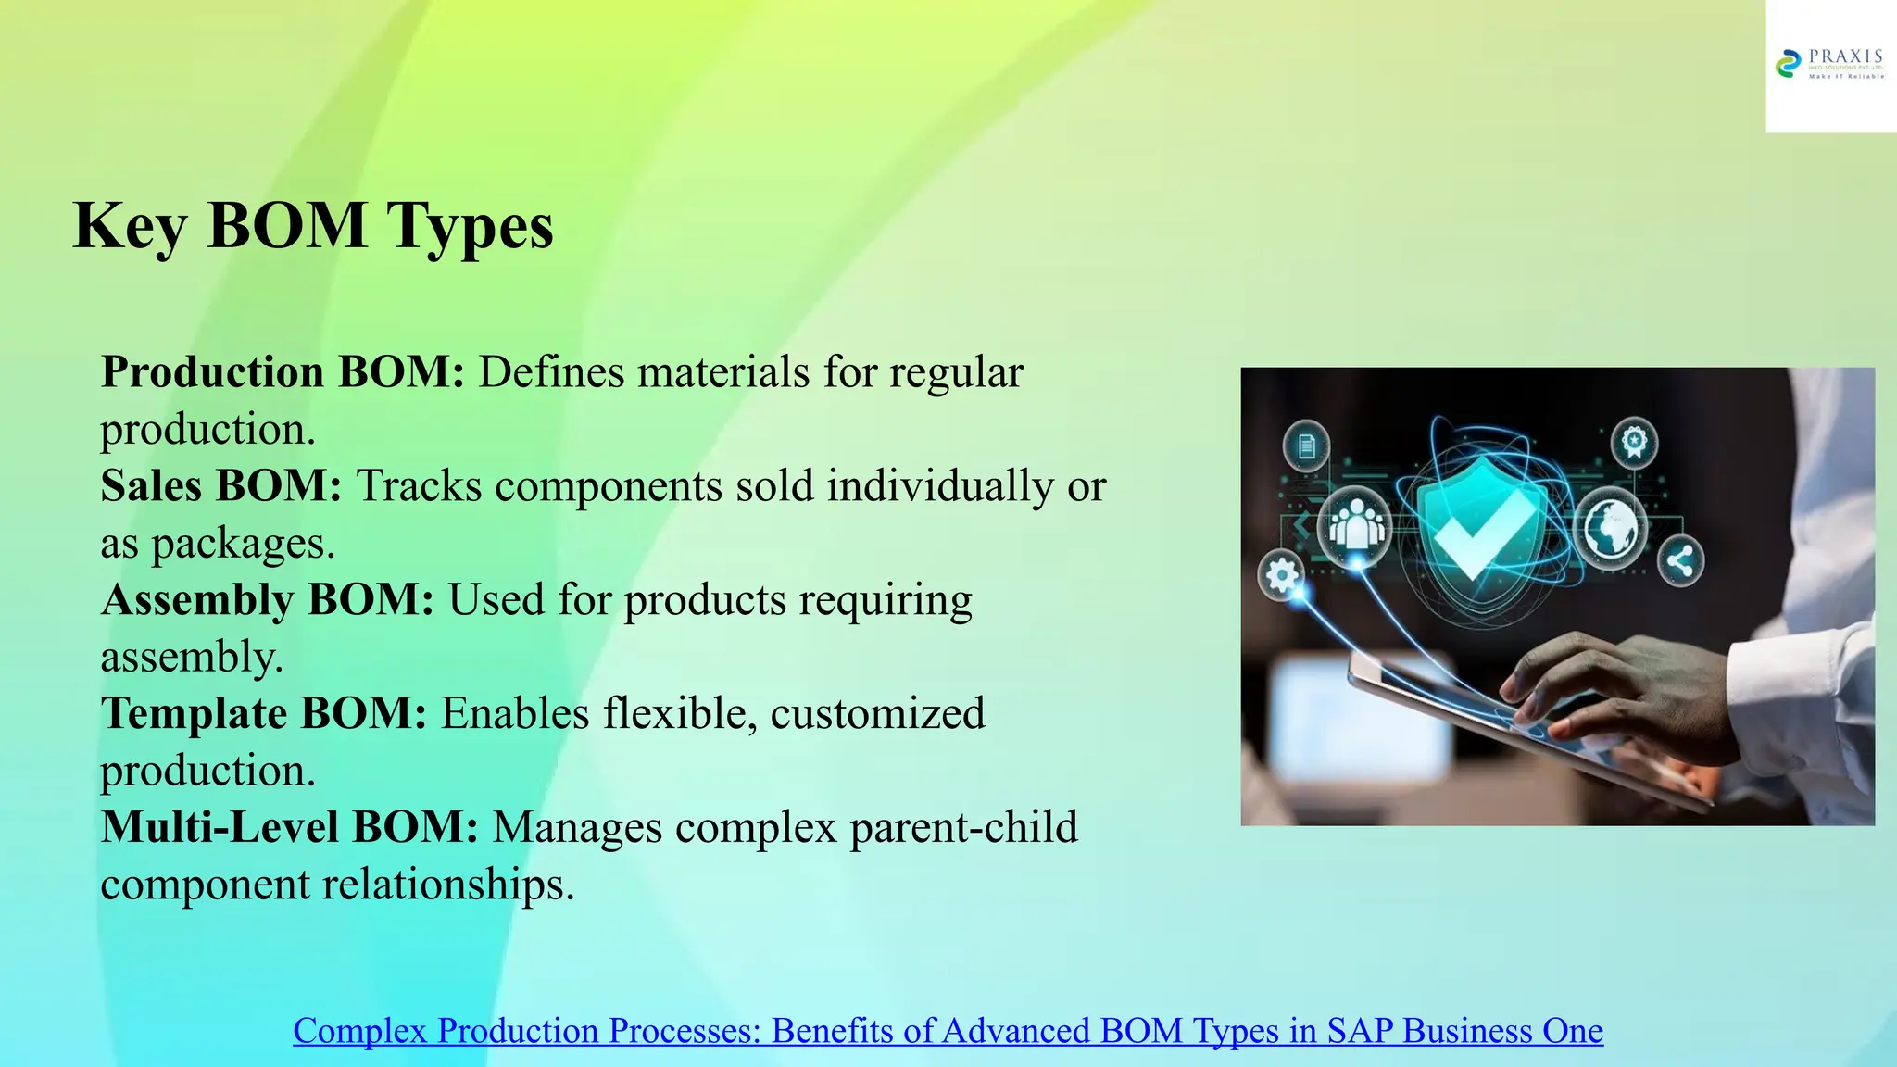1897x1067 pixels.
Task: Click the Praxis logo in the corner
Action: pyautogui.click(x=1830, y=65)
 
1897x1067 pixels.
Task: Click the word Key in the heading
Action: pyautogui.click(x=130, y=227)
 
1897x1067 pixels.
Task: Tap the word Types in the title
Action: pyautogui.click(x=470, y=227)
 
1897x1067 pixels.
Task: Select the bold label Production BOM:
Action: pyautogui.click(x=283, y=372)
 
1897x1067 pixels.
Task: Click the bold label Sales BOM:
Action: pyautogui.click(x=221, y=486)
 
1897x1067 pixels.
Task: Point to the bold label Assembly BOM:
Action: pyautogui.click(x=268, y=600)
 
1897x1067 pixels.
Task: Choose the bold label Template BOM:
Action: pyautogui.click(x=264, y=714)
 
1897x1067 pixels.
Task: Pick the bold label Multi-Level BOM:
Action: pyautogui.click(x=289, y=828)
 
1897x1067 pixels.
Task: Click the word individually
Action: pyautogui.click(x=939, y=486)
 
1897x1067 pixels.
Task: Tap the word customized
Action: pyautogui.click(x=877, y=714)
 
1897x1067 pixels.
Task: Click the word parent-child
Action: pyautogui.click(x=963, y=828)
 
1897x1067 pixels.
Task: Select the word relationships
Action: pyautogui.click(x=448, y=885)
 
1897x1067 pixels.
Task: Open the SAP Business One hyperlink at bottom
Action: pyautogui.click(x=948, y=1031)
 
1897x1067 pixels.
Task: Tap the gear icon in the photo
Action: pyautogui.click(x=1281, y=576)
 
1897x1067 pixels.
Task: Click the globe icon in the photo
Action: pyautogui.click(x=1611, y=529)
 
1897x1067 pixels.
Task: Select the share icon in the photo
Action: pyautogui.click(x=1680, y=560)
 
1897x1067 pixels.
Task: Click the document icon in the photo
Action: pyautogui.click(x=1306, y=446)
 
